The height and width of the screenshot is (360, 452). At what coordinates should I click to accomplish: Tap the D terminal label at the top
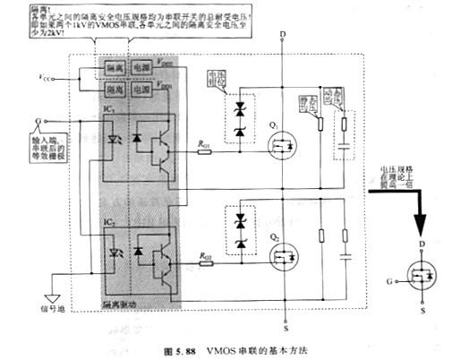point(284,34)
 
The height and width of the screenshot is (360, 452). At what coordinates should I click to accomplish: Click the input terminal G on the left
point(38,118)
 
